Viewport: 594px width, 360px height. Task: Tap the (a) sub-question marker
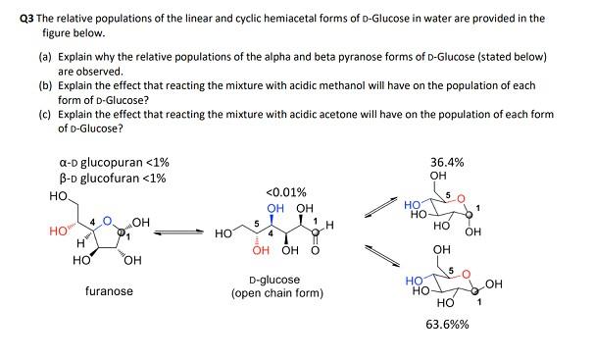pos(37,57)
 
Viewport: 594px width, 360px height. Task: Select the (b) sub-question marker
pos(37,86)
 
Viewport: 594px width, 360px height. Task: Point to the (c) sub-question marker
pos(37,115)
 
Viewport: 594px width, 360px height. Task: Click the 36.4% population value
pos(447,162)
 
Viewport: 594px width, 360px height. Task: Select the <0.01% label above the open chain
pos(286,192)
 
